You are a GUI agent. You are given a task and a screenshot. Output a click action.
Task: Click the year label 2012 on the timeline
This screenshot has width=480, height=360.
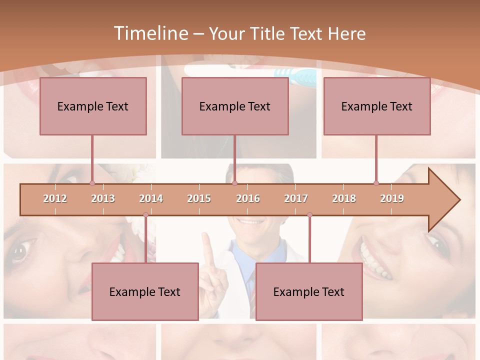55,198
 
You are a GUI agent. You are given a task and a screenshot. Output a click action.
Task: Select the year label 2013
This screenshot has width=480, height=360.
103,198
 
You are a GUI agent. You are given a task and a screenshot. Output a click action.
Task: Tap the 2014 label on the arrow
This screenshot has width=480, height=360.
151,198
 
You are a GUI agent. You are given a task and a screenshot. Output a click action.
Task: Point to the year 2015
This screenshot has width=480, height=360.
199,198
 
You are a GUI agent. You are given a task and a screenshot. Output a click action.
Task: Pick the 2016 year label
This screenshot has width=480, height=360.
248,198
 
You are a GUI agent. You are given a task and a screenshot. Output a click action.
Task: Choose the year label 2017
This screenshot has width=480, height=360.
296,198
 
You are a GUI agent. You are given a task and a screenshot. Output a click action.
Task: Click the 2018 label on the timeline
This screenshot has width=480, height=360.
344,198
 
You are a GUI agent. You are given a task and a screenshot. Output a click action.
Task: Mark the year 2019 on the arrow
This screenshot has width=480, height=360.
392,198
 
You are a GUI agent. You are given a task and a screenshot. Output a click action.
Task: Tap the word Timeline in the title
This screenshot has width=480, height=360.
150,33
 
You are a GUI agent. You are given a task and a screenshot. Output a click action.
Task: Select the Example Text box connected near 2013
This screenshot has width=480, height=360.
93,106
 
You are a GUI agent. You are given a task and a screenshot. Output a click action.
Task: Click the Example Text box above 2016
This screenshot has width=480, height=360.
235,106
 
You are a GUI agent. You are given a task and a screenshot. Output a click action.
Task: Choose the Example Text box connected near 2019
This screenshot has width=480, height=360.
377,106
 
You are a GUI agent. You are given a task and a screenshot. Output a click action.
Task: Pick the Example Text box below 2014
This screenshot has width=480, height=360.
145,291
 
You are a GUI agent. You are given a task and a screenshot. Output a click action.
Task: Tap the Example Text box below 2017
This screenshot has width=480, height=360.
309,291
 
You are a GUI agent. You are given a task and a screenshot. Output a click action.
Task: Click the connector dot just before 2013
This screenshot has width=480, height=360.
92,183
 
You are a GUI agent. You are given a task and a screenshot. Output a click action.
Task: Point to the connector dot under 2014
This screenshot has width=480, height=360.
145,215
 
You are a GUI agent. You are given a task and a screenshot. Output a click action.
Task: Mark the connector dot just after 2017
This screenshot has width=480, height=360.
309,215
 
